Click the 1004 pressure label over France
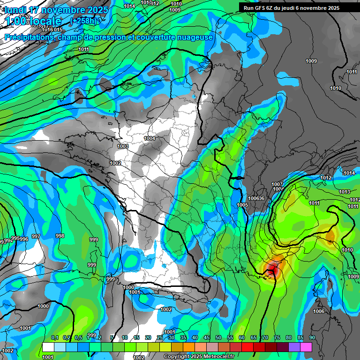pyautogui.click(x=150, y=138)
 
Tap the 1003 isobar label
pyautogui.click(x=123, y=146)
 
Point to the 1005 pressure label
pyautogui.click(x=242, y=205)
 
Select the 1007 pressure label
pyautogui.click(x=277, y=184)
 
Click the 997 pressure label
pyautogui.click(x=36, y=236)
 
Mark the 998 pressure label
pyautogui.click(x=60, y=236)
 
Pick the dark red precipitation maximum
pyautogui.click(x=272, y=268)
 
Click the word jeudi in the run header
pyautogui.click(x=294, y=8)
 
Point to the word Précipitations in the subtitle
pyautogui.click(x=28, y=37)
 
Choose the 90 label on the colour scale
pyautogui.click(x=312, y=337)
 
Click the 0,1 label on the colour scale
pyautogui.click(x=54, y=337)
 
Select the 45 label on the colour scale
pyautogui.click(x=207, y=337)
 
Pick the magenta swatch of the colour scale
pyautogui.click(x=306, y=347)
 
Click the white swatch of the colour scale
pyautogui.click(x=48, y=347)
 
